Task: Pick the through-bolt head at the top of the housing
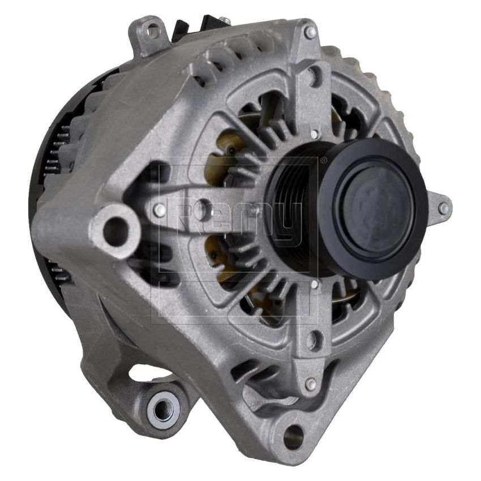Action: pyautogui.click(x=310, y=32)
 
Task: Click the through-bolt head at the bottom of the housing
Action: pyautogui.click(x=310, y=384)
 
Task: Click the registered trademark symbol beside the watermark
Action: pyautogui.click(x=323, y=162)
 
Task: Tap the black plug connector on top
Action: pyautogui.click(x=190, y=27)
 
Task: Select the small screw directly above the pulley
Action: pyautogui.click(x=314, y=134)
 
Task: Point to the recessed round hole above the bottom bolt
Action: pyautogui.click(x=312, y=340)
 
